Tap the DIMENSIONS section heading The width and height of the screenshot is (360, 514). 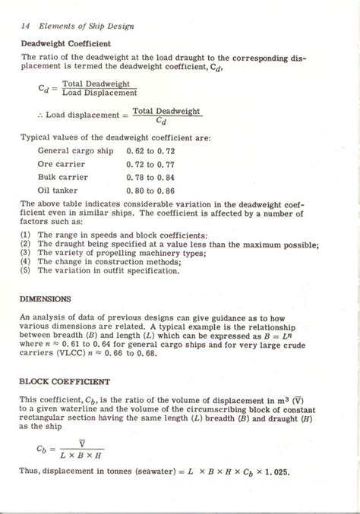pos(45,298)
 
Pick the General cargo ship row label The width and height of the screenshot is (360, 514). pos(75,151)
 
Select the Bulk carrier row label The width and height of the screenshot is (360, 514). pos(63,176)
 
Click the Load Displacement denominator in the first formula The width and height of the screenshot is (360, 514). pos(99,93)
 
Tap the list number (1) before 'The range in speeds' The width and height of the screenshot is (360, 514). pos(26,236)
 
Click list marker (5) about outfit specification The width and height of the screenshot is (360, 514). pos(26,270)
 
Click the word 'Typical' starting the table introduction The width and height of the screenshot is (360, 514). pos(38,138)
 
